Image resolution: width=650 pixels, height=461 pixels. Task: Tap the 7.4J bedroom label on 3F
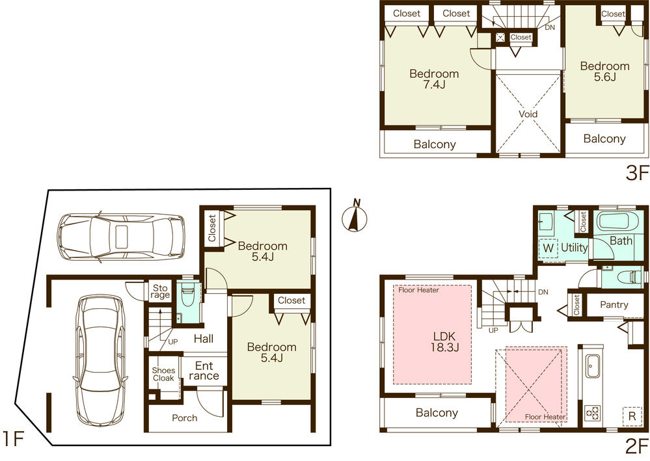pyautogui.click(x=434, y=80)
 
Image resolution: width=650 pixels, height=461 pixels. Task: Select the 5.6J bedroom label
pyautogui.click(x=604, y=71)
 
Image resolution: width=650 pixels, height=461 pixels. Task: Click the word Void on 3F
pyautogui.click(x=528, y=113)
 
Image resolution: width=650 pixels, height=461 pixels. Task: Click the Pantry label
pyautogui.click(x=614, y=304)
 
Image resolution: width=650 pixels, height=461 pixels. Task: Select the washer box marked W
pyautogui.click(x=548, y=248)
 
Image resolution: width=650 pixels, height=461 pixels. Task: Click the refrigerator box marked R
pyautogui.click(x=631, y=415)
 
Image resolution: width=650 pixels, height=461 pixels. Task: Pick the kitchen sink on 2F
pyautogui.click(x=593, y=367)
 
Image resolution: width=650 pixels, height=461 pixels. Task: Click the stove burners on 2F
pyautogui.click(x=593, y=412)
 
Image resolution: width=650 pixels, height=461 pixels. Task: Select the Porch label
pyautogui.click(x=185, y=417)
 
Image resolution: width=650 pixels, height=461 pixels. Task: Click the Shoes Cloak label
pyautogui.click(x=163, y=374)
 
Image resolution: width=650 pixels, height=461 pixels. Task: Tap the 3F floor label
pyautogui.click(x=636, y=173)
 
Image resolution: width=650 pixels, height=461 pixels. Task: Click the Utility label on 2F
pyautogui.click(x=575, y=248)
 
